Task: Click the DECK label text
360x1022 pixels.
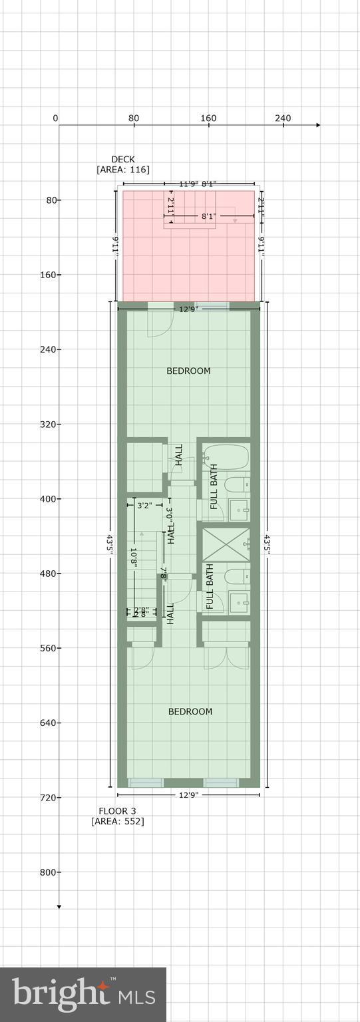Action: [122, 160]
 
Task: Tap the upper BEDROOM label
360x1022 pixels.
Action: [188, 371]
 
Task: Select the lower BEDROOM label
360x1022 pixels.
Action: [190, 711]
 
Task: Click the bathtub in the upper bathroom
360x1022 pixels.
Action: [226, 458]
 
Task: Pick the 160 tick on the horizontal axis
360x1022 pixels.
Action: [208, 118]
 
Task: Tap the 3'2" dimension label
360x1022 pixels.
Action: [144, 506]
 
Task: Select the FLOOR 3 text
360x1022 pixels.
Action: [117, 810]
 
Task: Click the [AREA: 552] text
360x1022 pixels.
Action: [117, 822]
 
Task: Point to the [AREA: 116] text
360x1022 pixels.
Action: [122, 170]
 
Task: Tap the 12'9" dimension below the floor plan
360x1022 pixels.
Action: [188, 795]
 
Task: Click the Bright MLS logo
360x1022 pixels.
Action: [83, 994]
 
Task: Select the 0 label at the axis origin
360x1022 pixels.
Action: [55, 118]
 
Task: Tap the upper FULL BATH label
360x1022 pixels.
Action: [214, 491]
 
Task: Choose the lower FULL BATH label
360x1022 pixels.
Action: [210, 587]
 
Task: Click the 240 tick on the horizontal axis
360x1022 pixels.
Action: [283, 118]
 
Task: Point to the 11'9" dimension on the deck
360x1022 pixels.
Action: [189, 184]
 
